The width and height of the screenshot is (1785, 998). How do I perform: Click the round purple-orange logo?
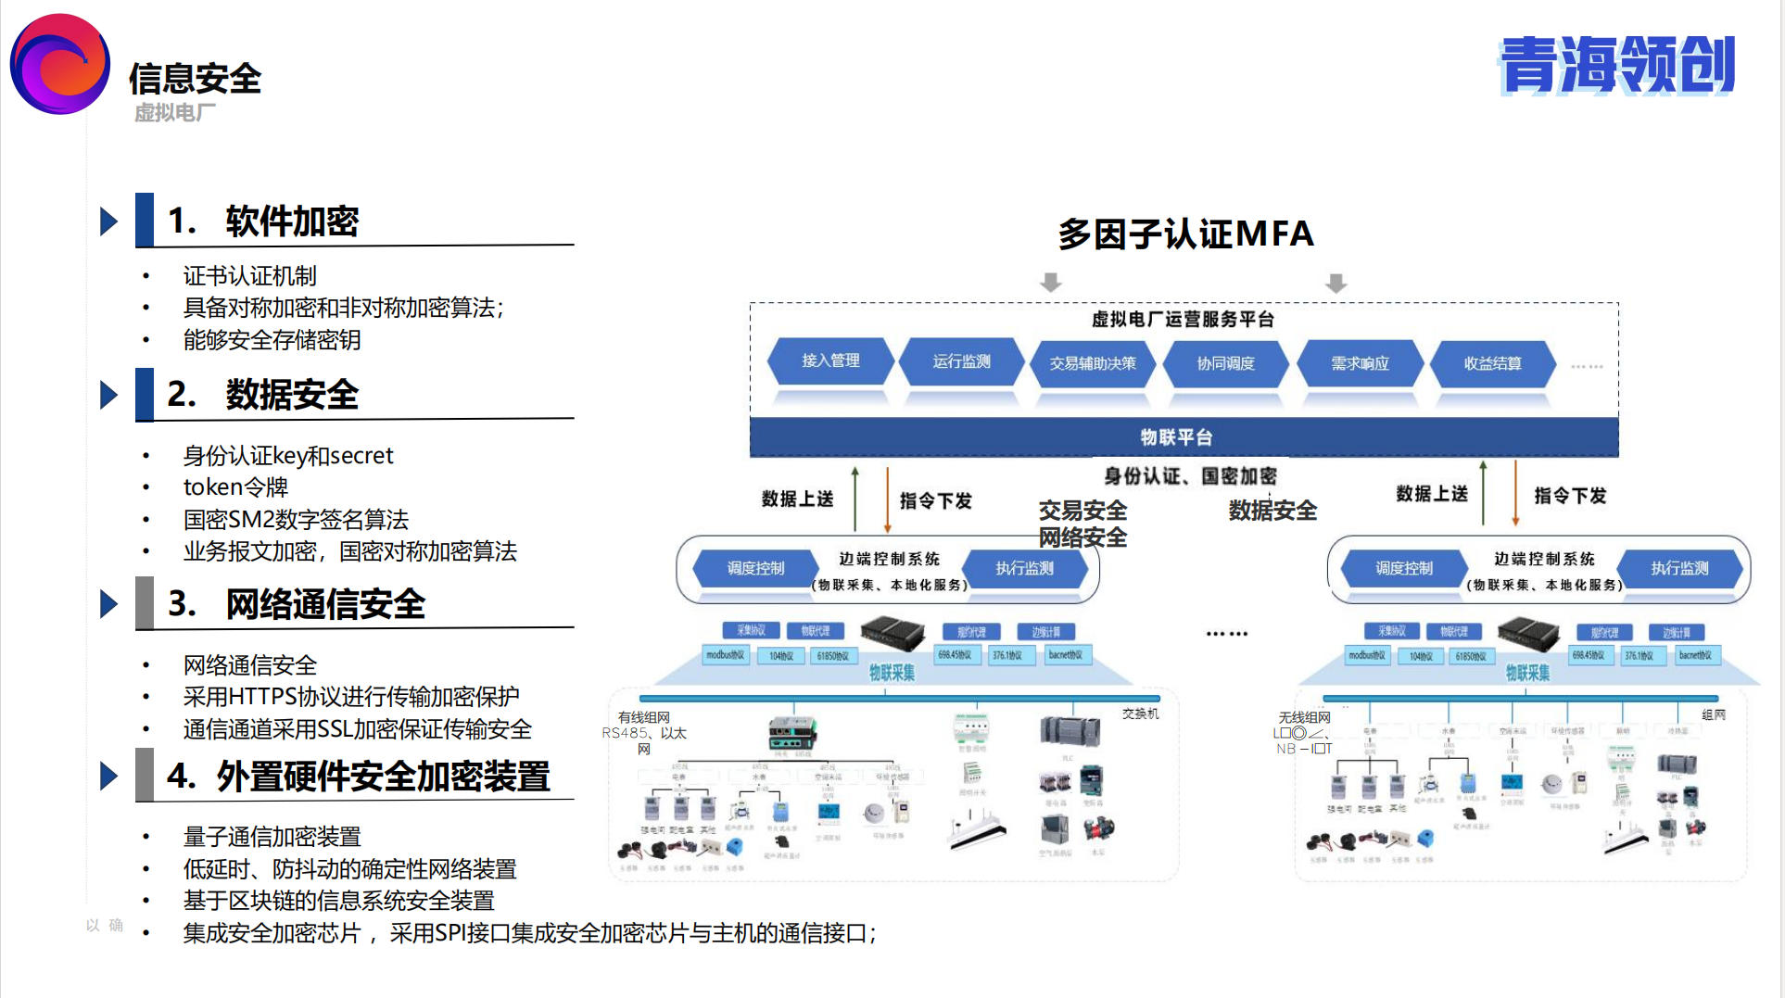pos(60,64)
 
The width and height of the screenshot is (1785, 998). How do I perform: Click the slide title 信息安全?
pos(195,80)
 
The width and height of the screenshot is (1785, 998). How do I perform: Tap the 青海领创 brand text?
pos(1616,66)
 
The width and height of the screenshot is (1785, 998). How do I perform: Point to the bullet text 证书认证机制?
pos(249,276)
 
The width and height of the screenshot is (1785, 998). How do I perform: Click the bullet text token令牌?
pos(235,487)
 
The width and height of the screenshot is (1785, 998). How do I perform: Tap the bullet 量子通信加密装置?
pos(272,837)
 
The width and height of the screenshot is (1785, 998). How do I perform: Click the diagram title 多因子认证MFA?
pos(1185,234)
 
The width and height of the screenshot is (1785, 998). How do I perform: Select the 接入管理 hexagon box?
pos(830,360)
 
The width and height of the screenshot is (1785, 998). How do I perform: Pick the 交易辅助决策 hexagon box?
pos(1093,363)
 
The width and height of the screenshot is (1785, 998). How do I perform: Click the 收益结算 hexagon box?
pos(1492,363)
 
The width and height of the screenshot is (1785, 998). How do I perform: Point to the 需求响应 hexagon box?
pos(1360,363)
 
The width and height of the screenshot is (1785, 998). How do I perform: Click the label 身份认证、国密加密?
pos(1190,476)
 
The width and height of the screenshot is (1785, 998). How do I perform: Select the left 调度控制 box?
pos(755,568)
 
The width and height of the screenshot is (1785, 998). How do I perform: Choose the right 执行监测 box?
pos(1678,568)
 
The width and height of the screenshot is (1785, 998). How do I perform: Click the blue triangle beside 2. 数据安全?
pos(109,395)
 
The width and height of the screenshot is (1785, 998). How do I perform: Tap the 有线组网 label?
pos(643,717)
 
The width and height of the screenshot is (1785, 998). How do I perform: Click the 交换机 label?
pos(1140,714)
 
